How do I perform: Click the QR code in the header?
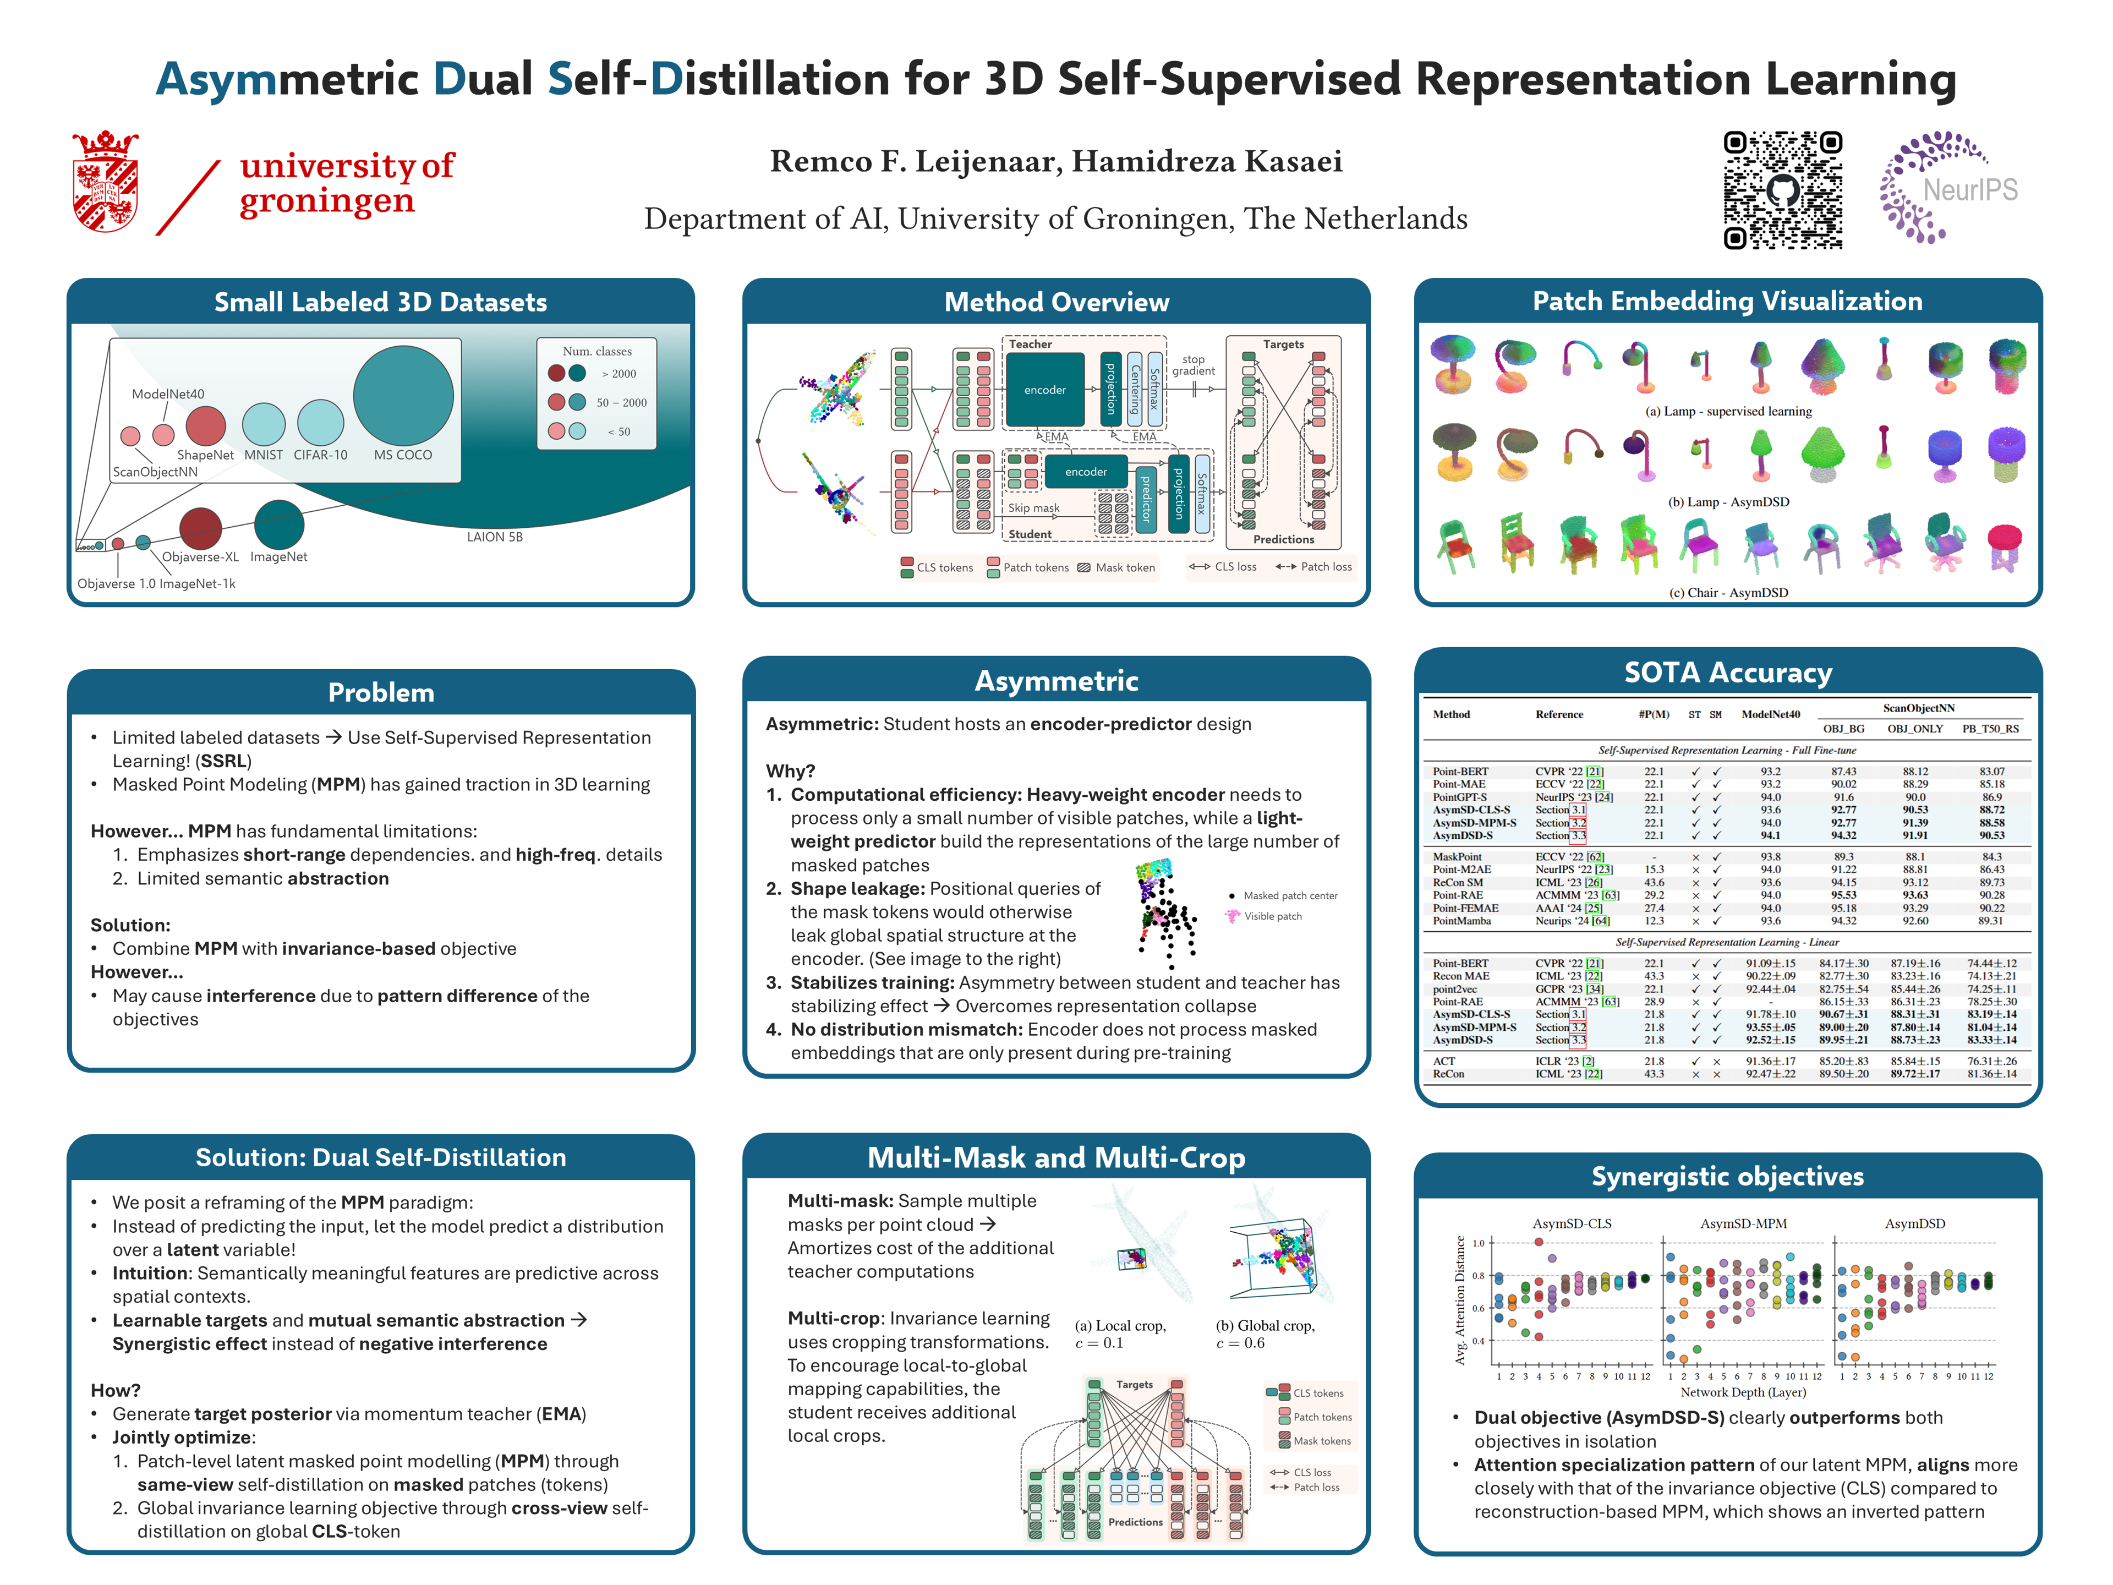1782,190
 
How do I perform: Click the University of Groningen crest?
105,182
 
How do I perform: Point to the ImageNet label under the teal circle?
279,557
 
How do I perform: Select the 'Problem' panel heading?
381,693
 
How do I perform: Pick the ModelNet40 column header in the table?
1770,715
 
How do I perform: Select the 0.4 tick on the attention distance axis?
1478,1341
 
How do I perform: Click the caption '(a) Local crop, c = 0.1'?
1120,1333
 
